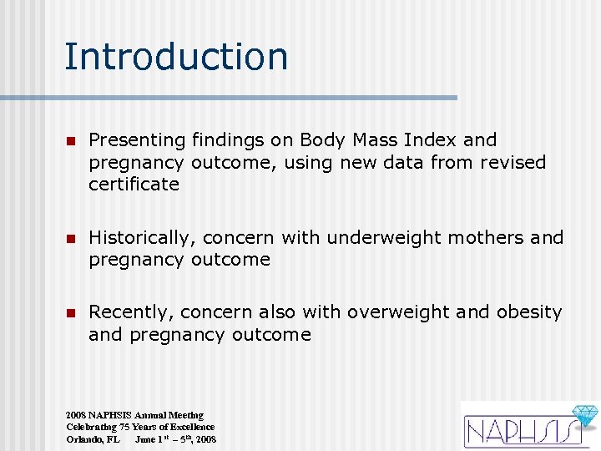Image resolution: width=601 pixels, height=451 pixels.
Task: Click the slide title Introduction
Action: (176, 57)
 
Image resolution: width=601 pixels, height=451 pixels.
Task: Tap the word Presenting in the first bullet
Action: (137, 140)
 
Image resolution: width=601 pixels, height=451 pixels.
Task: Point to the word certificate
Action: (134, 185)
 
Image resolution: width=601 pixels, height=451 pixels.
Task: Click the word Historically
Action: (139, 238)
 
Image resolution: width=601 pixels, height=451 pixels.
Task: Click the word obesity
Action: (529, 312)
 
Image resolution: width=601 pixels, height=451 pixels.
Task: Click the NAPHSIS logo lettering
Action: (518, 431)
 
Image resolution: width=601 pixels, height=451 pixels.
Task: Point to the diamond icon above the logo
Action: (583, 416)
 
